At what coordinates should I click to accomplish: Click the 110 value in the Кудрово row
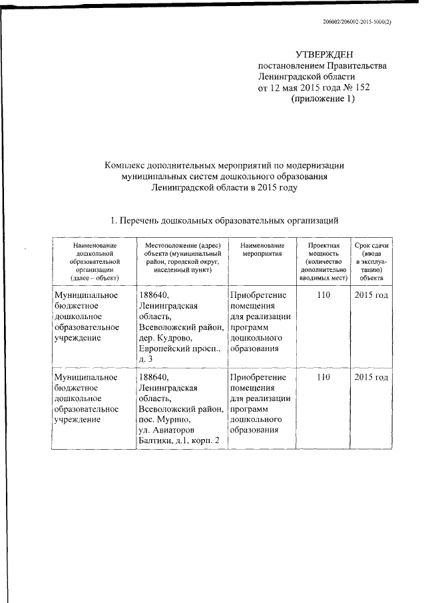click(323, 295)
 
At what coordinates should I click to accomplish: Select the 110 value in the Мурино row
click(323, 377)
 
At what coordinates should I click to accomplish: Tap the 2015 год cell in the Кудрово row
click(371, 295)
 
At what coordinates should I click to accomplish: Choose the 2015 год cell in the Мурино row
click(371, 377)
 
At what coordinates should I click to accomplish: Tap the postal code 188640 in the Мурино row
click(154, 377)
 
